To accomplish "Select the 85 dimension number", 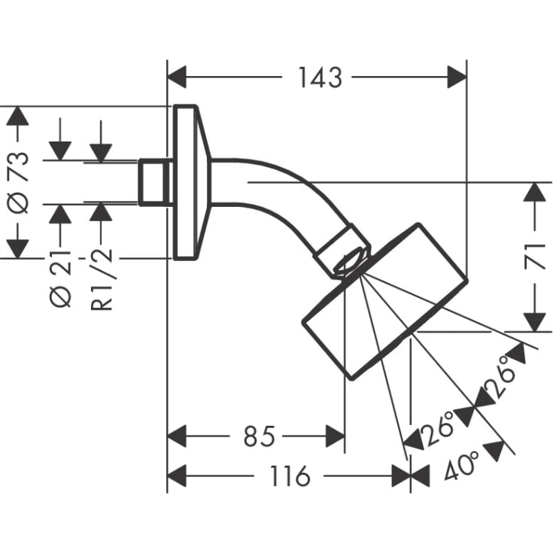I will point(259,436).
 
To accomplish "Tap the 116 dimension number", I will point(289,476).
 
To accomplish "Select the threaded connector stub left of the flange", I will point(155,182).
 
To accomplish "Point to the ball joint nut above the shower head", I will point(344,252).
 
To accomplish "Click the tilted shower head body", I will point(384,301).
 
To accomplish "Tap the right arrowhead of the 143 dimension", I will point(457,77).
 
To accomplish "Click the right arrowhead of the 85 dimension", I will point(335,436).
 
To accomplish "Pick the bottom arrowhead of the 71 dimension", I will point(533,321).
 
